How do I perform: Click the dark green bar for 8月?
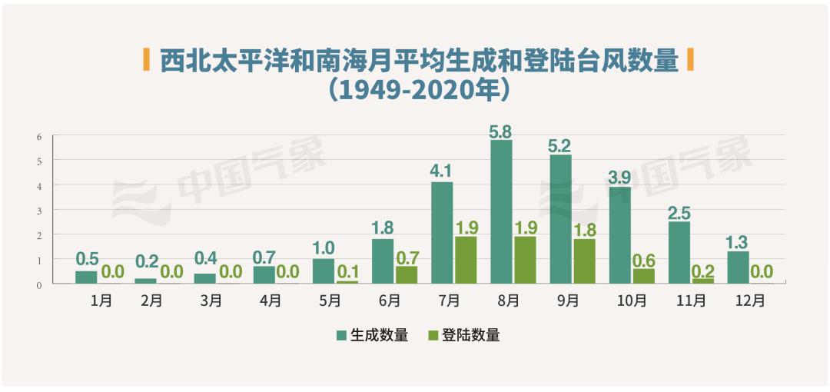pyautogui.click(x=501, y=211)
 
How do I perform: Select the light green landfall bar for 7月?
pyautogui.click(x=466, y=260)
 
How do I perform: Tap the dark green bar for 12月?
pyautogui.click(x=738, y=267)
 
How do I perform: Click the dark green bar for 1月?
pyautogui.click(x=86, y=277)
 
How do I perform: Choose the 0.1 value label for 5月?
pyautogui.click(x=347, y=271)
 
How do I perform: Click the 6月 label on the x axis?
pyautogui.click(x=389, y=301)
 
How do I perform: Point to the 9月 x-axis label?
pyautogui.click(x=567, y=301)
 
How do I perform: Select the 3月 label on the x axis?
pyautogui.click(x=211, y=301)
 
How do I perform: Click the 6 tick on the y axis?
pyautogui.click(x=38, y=136)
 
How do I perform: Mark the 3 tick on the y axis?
pyautogui.click(x=38, y=210)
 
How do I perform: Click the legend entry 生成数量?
pyautogui.click(x=372, y=335)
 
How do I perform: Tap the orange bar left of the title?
pyautogui.click(x=147, y=58)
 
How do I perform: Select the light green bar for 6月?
pyautogui.click(x=407, y=274)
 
